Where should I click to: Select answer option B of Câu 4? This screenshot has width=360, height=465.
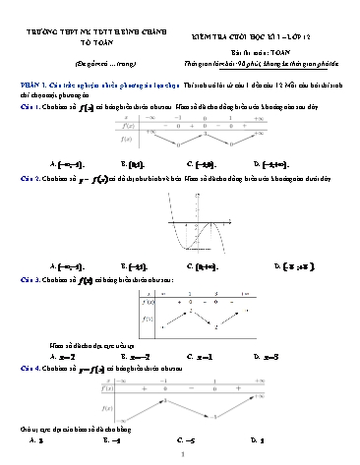pos(111,441)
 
